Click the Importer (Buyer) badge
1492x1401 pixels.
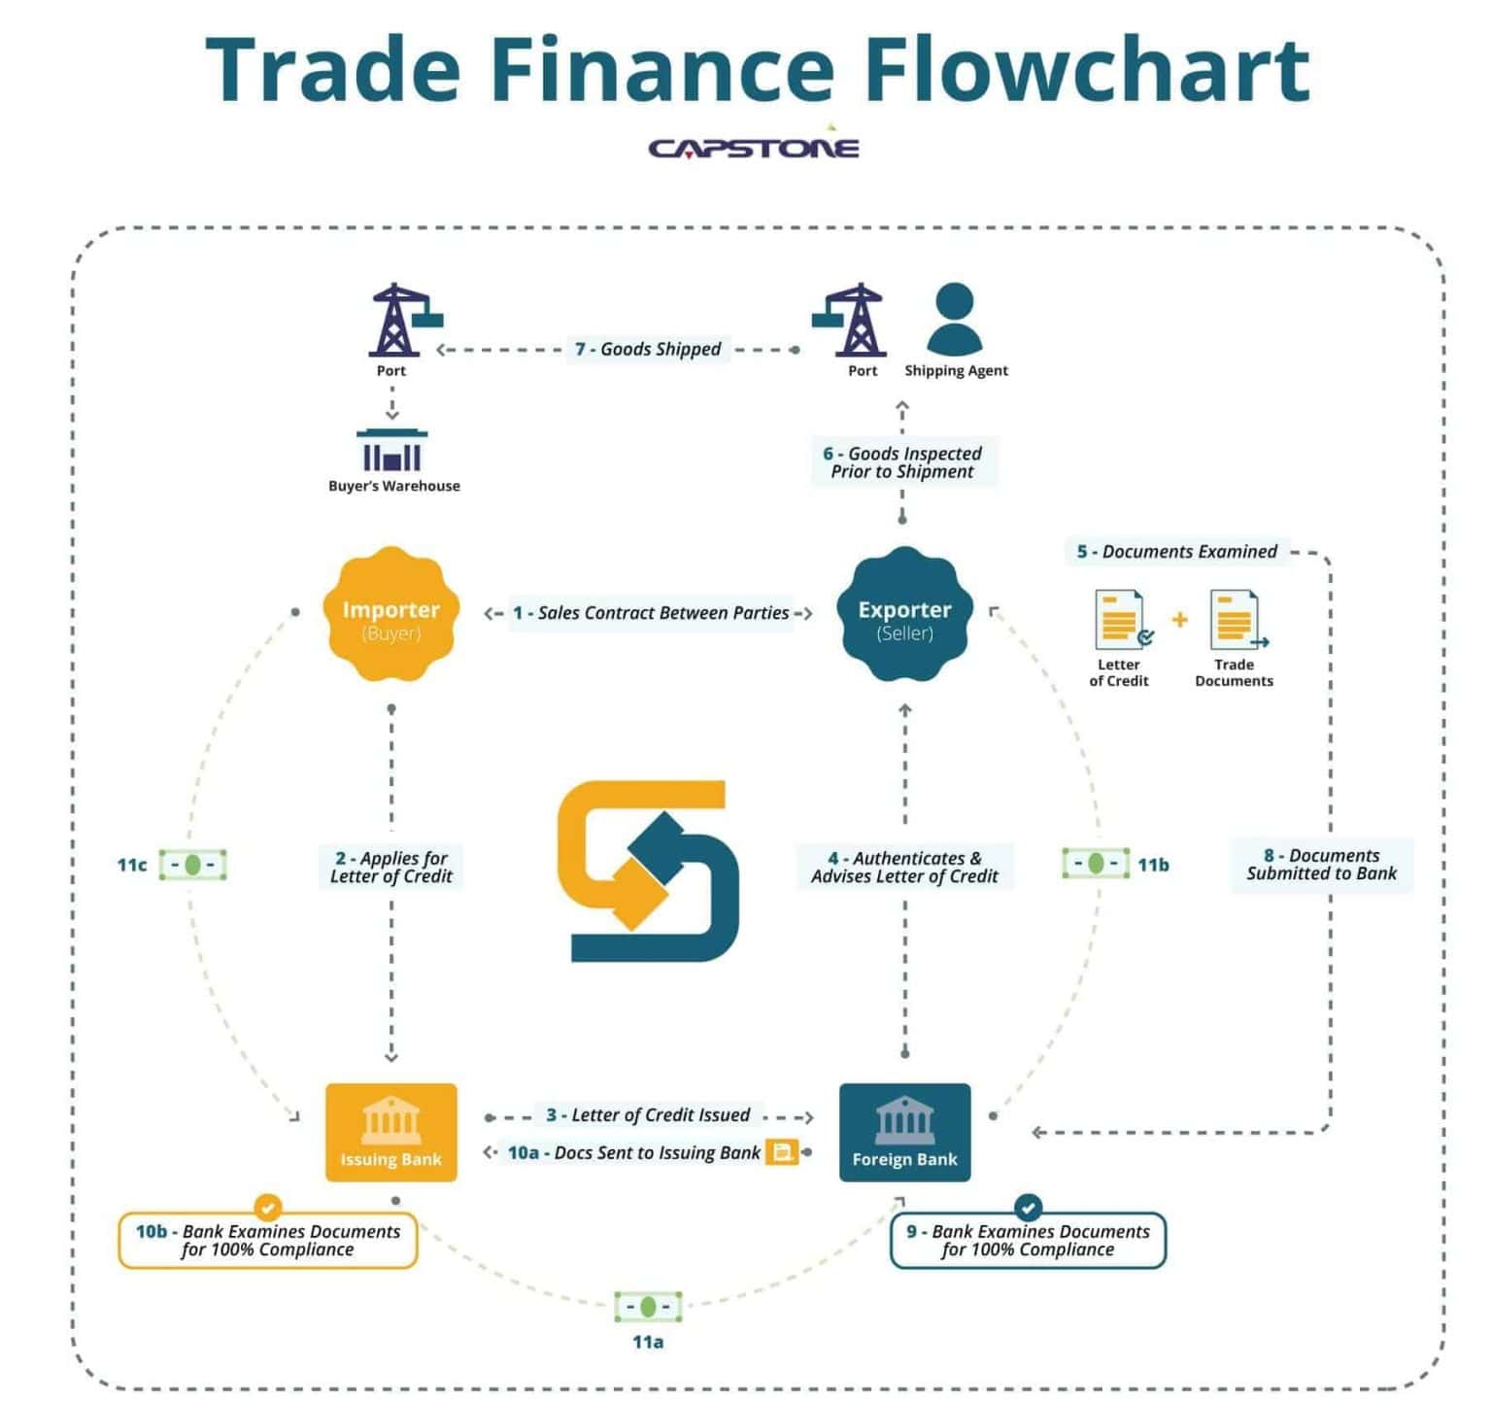tap(390, 614)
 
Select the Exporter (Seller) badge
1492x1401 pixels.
tap(903, 614)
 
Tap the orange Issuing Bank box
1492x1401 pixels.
tap(390, 1132)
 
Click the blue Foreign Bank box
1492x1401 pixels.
tap(904, 1132)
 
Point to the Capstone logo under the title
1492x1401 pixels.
tap(754, 148)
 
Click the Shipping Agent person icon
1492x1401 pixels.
tap(955, 319)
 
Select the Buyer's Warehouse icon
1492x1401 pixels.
tap(392, 451)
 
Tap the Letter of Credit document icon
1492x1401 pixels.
tap(1121, 620)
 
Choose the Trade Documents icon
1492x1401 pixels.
tap(1236, 620)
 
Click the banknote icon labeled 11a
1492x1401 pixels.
tap(648, 1307)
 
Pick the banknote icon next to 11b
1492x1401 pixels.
tap(1096, 863)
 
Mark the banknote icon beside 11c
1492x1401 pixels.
tap(192, 865)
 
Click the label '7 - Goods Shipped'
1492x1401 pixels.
tap(648, 349)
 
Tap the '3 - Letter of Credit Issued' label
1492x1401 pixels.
tap(648, 1114)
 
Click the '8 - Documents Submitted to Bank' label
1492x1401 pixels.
tap(1321, 865)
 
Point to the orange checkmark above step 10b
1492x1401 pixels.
tap(268, 1207)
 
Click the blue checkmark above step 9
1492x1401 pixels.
tap(1028, 1207)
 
